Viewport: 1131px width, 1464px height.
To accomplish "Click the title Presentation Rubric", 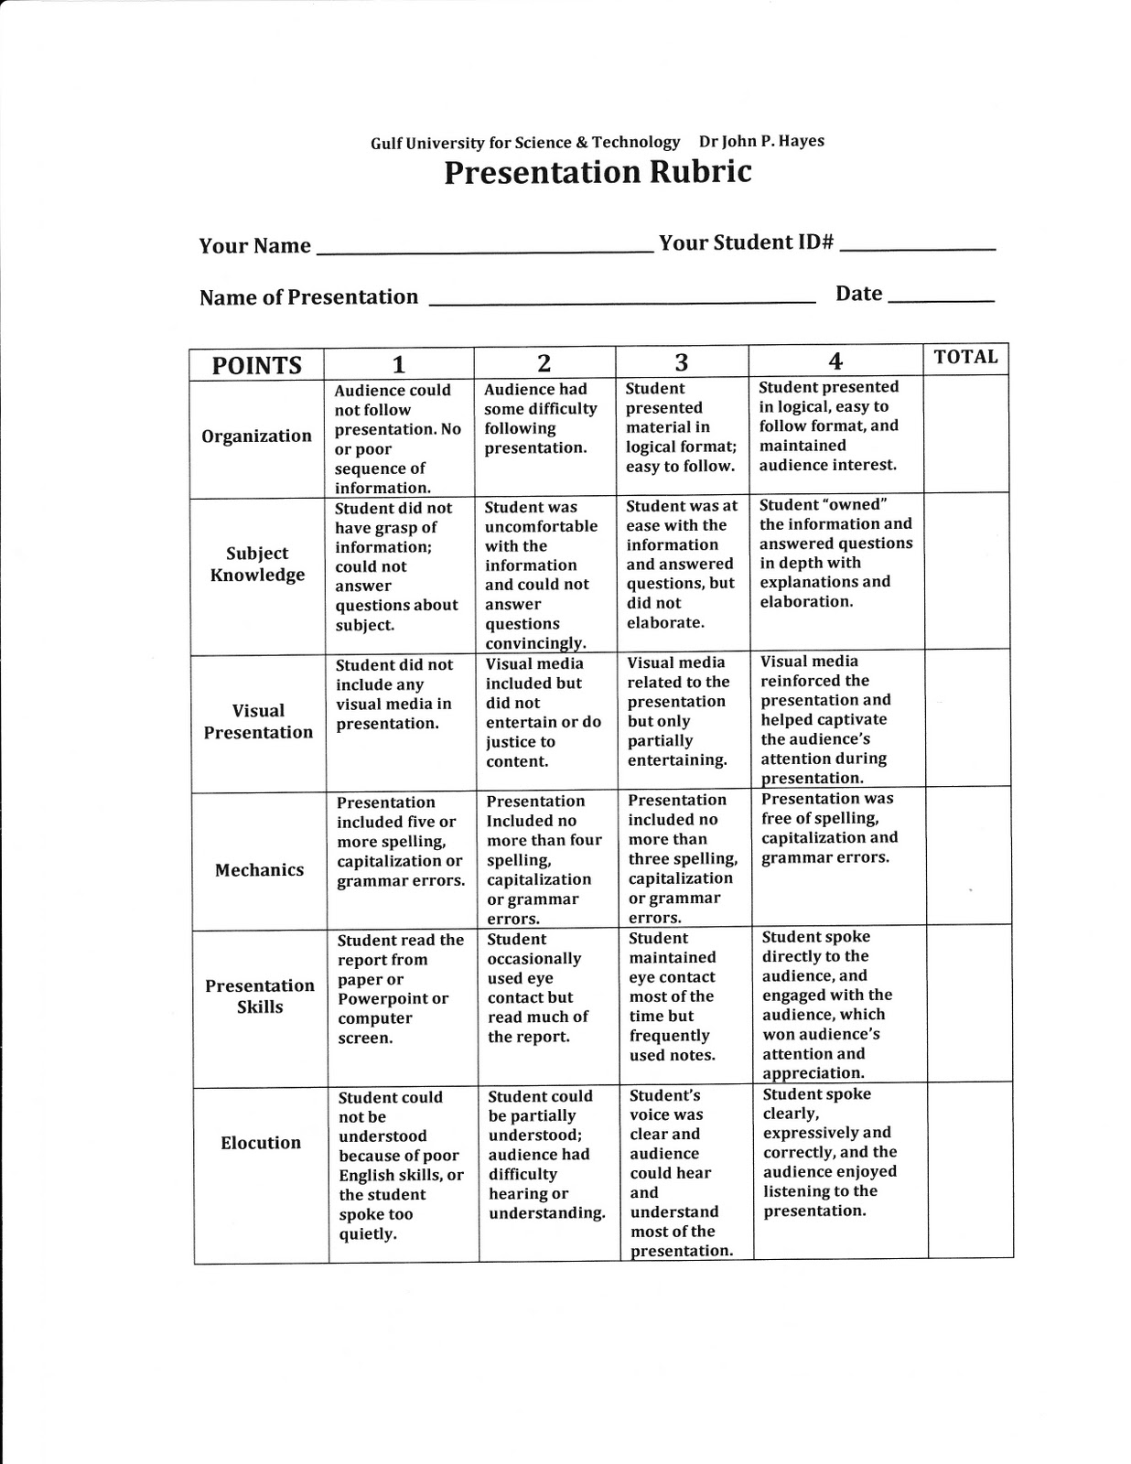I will point(598,172).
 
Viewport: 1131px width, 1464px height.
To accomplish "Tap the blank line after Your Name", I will point(483,248).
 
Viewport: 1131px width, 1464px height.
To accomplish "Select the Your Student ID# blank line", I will point(917,246).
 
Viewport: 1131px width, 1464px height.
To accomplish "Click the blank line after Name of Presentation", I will point(622,299).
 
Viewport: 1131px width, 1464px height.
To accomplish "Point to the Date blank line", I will point(941,298).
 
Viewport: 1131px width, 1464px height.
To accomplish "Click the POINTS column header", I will point(256,365).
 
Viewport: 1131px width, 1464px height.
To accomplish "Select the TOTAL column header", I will point(965,357).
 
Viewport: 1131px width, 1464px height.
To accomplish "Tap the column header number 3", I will point(681,362).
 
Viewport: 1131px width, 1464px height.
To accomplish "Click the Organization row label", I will point(256,436).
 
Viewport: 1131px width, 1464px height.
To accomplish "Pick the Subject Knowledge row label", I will point(257,565).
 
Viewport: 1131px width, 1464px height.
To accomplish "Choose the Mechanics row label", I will point(259,870).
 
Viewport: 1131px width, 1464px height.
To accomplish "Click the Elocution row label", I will point(261,1143).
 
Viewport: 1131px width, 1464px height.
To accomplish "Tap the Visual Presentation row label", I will point(258,721).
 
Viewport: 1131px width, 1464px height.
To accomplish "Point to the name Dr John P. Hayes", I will point(761,141).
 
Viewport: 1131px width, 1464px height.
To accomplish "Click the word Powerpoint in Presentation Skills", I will point(383,998).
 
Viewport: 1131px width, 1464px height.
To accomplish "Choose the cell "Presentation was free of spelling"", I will point(836,856).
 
